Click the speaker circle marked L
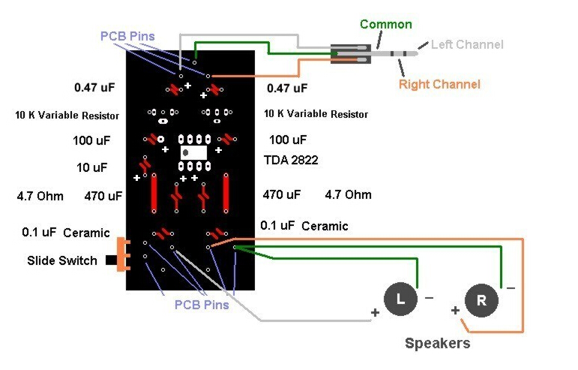(400, 299)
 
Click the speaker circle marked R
(481, 300)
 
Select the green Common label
(385, 24)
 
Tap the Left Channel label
(467, 44)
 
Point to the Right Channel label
(439, 84)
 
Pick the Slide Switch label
(62, 260)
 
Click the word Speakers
(438, 343)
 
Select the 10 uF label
(91, 167)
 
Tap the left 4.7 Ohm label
(40, 197)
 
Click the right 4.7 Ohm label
(348, 194)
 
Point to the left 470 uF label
(103, 197)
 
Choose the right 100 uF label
(288, 140)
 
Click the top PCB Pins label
(127, 35)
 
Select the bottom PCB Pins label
(202, 305)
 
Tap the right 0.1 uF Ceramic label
(304, 225)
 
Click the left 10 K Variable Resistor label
(67, 116)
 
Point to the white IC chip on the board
(195, 152)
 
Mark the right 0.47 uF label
(287, 88)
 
